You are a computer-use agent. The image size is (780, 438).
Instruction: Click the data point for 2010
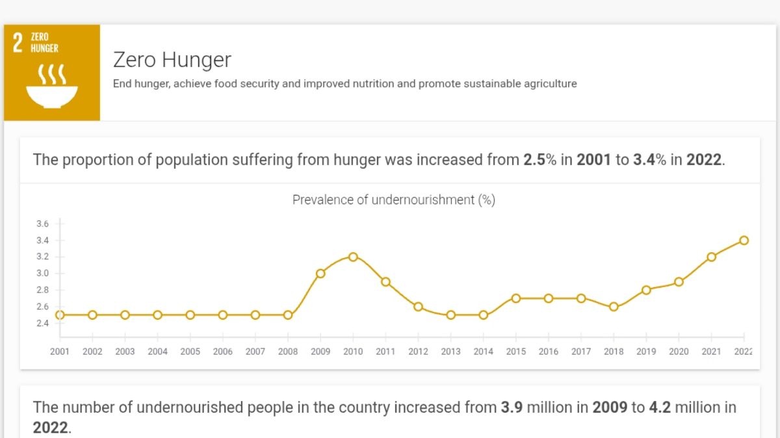pos(353,257)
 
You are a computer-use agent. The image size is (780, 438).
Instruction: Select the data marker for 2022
pos(744,240)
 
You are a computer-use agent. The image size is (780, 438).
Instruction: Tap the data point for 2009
pos(320,274)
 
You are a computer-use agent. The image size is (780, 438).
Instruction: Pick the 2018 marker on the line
pos(614,307)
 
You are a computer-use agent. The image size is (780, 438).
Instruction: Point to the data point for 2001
pos(60,315)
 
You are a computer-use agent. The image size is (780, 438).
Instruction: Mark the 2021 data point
pos(712,257)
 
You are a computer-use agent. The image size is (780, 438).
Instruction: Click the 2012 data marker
pos(418,307)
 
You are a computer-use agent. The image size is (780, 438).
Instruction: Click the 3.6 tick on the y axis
pos(42,224)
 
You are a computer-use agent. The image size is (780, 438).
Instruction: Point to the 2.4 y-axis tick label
pos(42,324)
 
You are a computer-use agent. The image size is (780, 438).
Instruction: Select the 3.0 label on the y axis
pos(42,274)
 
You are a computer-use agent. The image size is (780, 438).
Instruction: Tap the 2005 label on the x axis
pos(190,352)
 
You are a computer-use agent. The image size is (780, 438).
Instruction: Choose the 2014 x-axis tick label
pos(483,352)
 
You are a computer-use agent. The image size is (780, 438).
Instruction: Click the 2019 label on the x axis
pos(646,352)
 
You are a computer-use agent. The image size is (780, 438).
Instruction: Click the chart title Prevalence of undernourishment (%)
pos(393,200)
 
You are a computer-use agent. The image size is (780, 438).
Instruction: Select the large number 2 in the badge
pos(18,43)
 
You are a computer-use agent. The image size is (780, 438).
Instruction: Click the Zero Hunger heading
pos(172,60)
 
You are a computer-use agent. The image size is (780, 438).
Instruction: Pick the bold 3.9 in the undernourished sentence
pos(512,408)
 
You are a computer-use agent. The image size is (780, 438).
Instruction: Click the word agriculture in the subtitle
pos(551,84)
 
